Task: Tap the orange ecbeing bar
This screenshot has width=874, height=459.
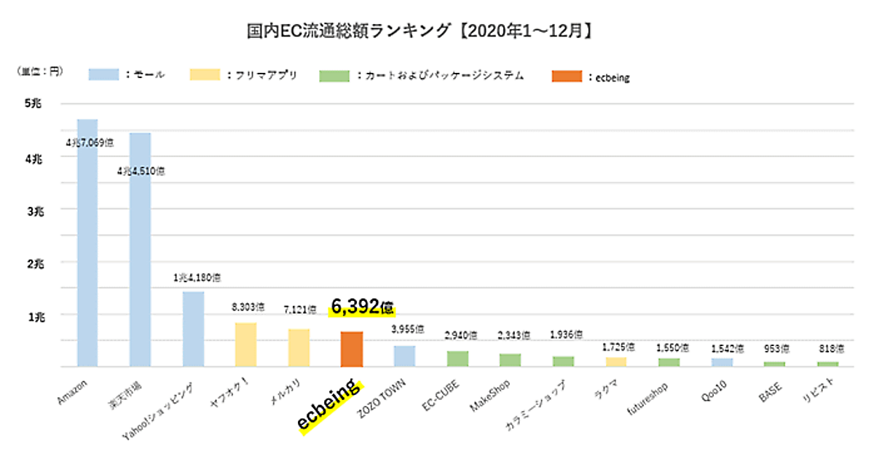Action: pos(352,349)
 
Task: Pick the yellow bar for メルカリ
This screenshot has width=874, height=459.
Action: pos(299,348)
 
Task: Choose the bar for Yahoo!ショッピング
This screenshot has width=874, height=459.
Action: pos(193,329)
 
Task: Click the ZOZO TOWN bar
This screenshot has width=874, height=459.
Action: pos(404,356)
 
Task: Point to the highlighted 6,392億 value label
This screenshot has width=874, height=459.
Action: pos(362,307)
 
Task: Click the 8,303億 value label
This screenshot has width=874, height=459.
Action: pos(246,307)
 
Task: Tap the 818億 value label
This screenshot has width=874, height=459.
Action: pos(827,349)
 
